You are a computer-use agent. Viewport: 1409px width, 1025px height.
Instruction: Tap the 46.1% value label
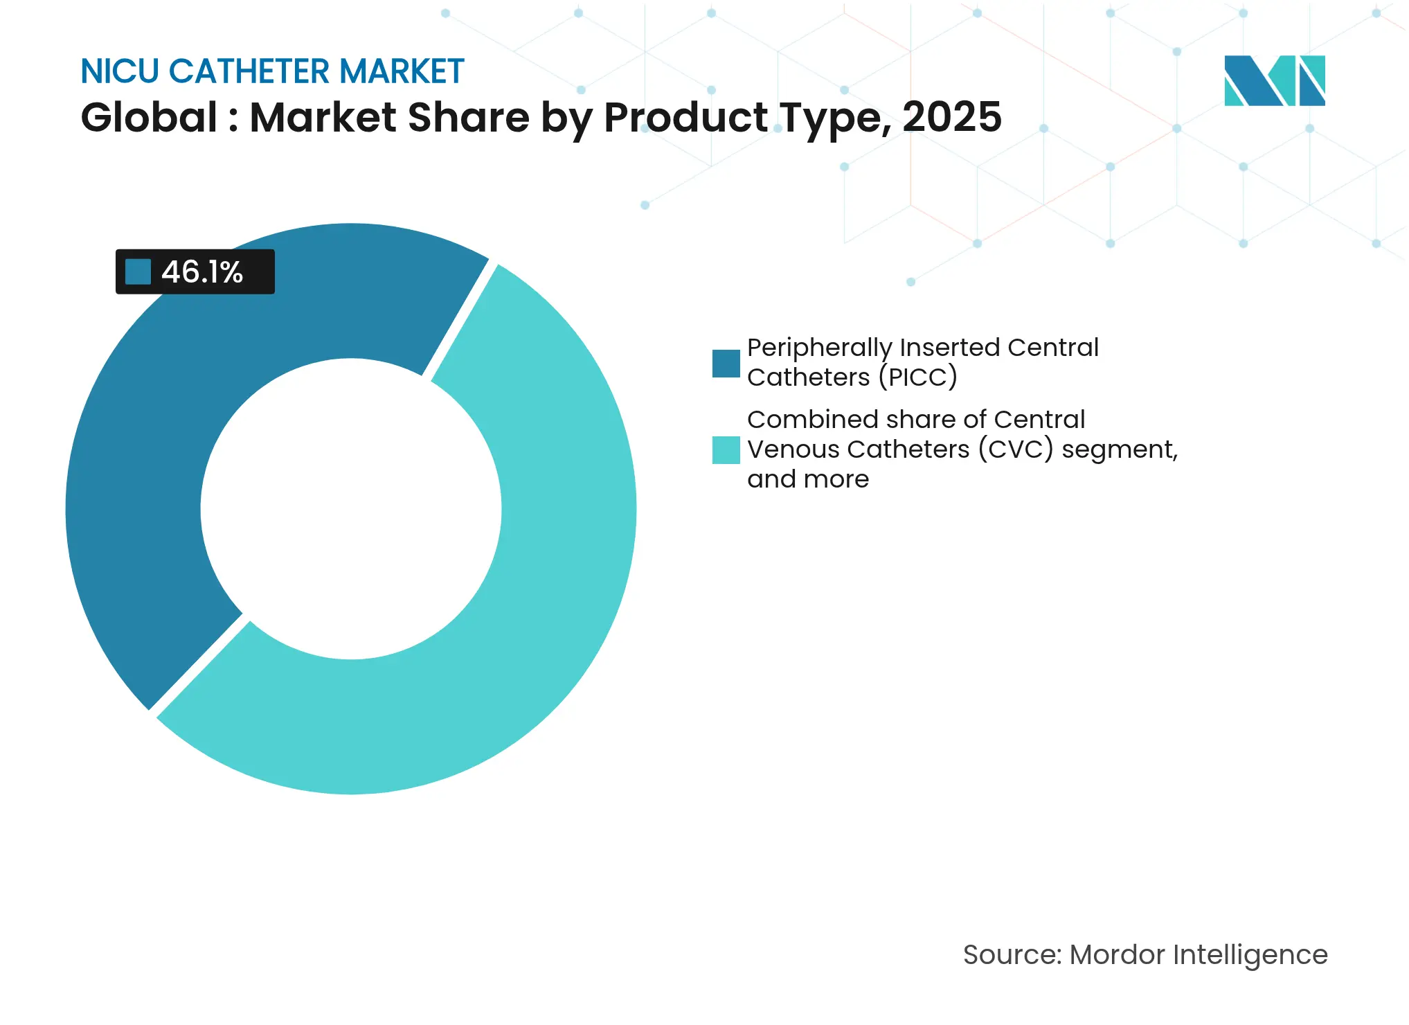(202, 272)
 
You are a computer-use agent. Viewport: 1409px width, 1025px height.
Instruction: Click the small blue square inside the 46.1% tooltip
(138, 272)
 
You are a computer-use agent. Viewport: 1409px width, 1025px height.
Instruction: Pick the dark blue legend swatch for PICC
(726, 364)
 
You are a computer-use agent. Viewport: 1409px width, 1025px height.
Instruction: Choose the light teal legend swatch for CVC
(726, 450)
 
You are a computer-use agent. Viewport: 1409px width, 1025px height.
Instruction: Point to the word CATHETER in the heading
(249, 71)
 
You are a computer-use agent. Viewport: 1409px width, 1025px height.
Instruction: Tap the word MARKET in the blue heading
(402, 71)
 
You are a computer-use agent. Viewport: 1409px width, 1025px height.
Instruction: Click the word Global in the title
(149, 117)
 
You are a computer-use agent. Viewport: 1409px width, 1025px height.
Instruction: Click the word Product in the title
(685, 117)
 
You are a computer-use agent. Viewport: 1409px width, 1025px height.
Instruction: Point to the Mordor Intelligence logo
(1274, 80)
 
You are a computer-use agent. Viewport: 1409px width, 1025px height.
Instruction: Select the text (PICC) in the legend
(917, 377)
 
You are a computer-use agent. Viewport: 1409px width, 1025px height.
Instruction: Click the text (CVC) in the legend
(1015, 449)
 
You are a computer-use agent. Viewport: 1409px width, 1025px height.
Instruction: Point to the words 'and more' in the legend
(808, 479)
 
